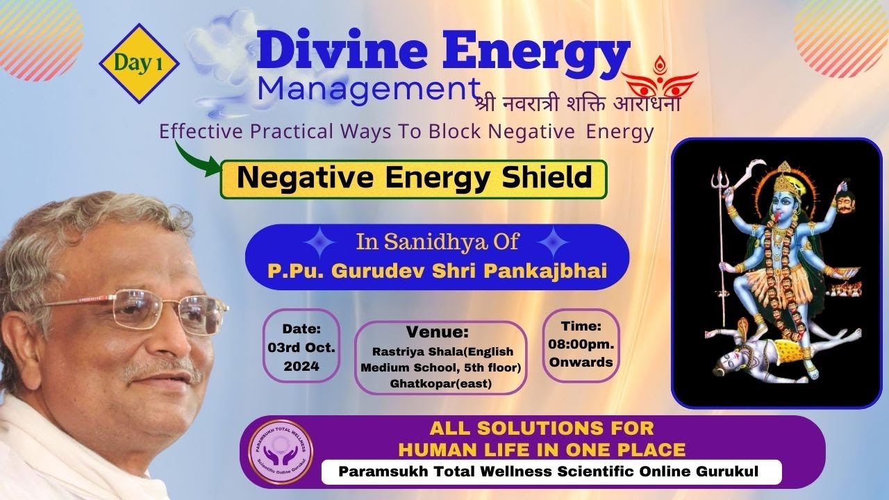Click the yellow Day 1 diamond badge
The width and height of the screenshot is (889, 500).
tap(139, 64)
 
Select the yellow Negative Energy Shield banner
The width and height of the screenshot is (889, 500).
tap(414, 179)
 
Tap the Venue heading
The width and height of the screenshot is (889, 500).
tap(438, 332)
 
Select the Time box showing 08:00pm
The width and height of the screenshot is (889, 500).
tap(581, 344)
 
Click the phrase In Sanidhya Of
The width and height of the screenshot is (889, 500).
tap(438, 243)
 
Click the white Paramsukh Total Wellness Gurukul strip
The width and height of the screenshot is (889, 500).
tap(551, 472)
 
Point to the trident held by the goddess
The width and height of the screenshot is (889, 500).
tap(718, 187)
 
